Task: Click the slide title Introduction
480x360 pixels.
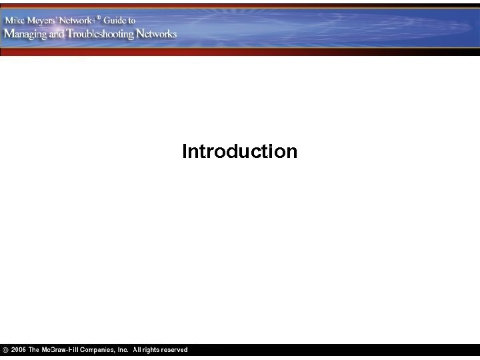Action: (239, 152)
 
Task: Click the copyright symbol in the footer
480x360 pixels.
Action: (5, 350)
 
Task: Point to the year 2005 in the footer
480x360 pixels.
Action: (18, 350)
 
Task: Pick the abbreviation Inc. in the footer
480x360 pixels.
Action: (123, 350)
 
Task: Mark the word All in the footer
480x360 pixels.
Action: (137, 350)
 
